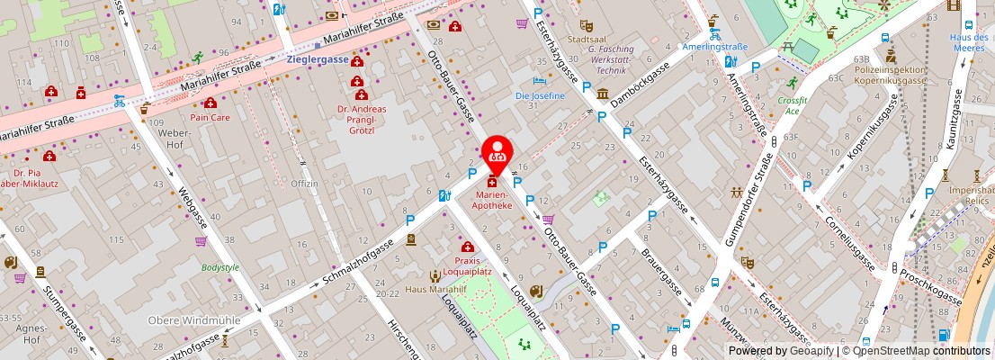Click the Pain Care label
(210, 117)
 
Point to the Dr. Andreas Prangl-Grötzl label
(362, 119)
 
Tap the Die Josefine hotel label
(540, 95)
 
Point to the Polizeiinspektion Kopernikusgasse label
(890, 75)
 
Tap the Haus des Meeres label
(968, 41)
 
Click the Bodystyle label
(220, 267)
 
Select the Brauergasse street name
(661, 273)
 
